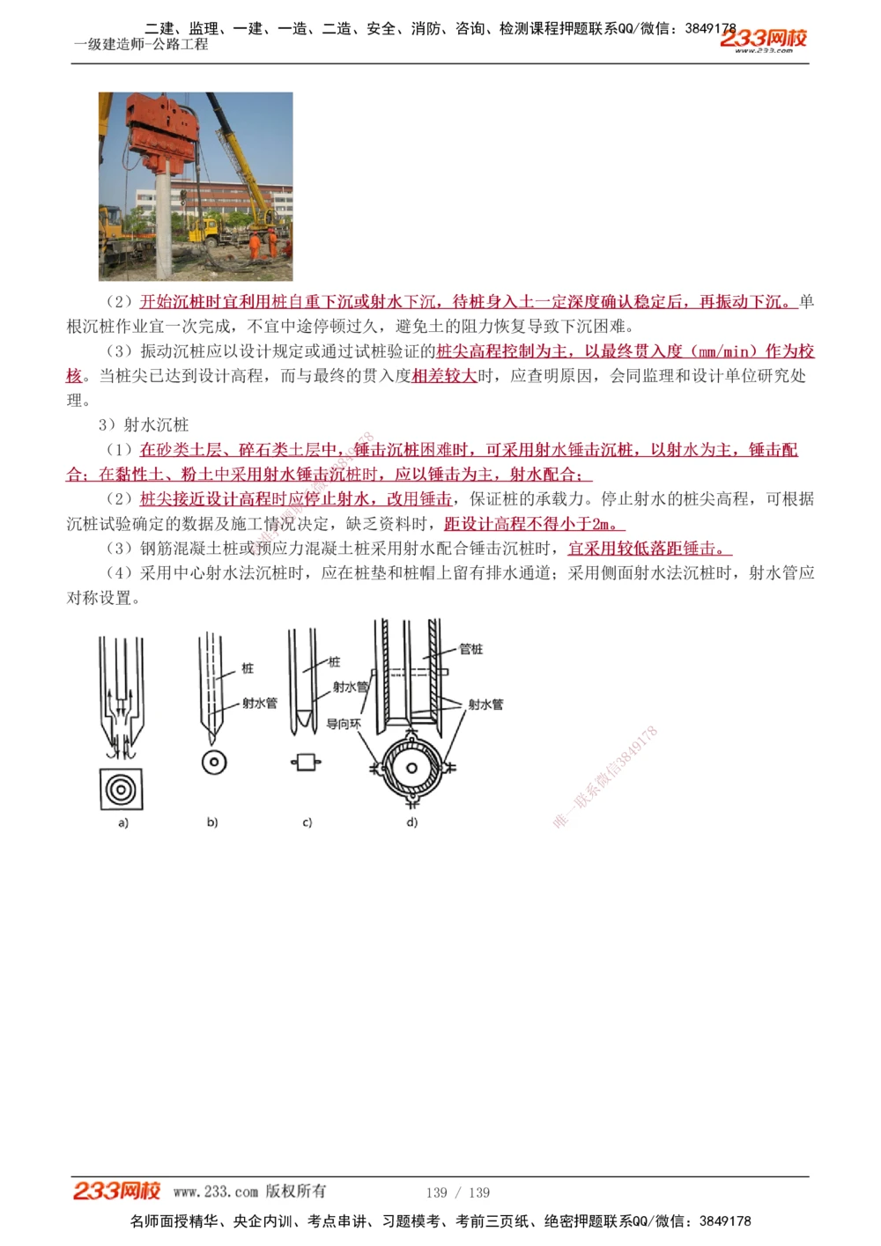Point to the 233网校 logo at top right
tap(763, 39)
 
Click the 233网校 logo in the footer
tap(116, 1191)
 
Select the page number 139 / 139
tap(457, 1192)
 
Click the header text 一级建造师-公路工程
tap(141, 44)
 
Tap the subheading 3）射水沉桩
tap(144, 424)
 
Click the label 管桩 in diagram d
tap(471, 649)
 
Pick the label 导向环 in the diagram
tap(344, 723)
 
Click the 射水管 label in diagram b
tap(260, 703)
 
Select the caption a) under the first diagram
tap(122, 823)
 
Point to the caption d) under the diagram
tap(411, 822)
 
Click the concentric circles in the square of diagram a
tap(121, 789)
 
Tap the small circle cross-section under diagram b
tap(214, 763)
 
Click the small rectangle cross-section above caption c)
tap(306, 762)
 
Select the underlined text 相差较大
tap(444, 376)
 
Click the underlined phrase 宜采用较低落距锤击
tap(648, 549)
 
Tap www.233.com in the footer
tap(216, 1192)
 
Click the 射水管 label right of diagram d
tap(485, 704)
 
